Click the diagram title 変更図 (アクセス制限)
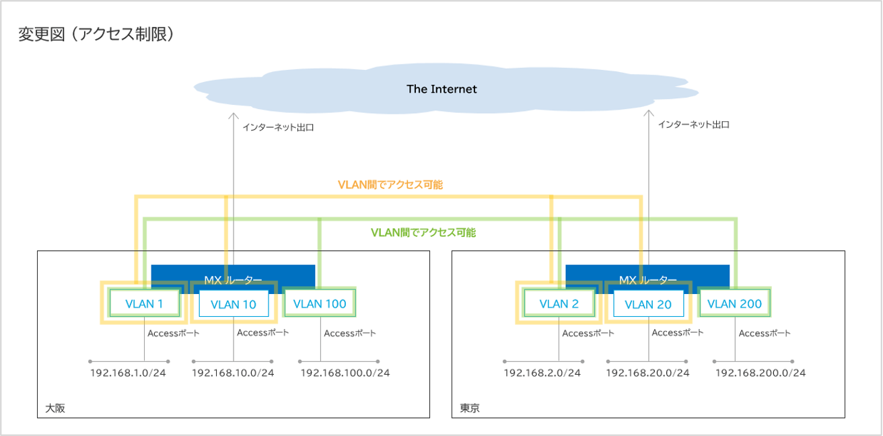[96, 34]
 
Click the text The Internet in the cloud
[441, 89]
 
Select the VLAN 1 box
[145, 303]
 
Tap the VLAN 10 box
[234, 305]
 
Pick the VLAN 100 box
[320, 303]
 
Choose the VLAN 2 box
[559, 303]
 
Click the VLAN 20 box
[648, 305]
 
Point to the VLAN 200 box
[735, 303]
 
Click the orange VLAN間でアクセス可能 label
[390, 184]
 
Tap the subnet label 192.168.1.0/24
[128, 373]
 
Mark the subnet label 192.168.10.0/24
[233, 373]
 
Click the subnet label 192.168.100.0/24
[345, 373]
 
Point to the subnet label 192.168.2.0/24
[542, 373]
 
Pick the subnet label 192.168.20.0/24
[647, 373]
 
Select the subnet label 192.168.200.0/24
[760, 373]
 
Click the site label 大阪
[55, 408]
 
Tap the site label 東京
[470, 408]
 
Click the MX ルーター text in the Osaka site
[233, 279]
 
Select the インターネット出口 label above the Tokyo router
[694, 124]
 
